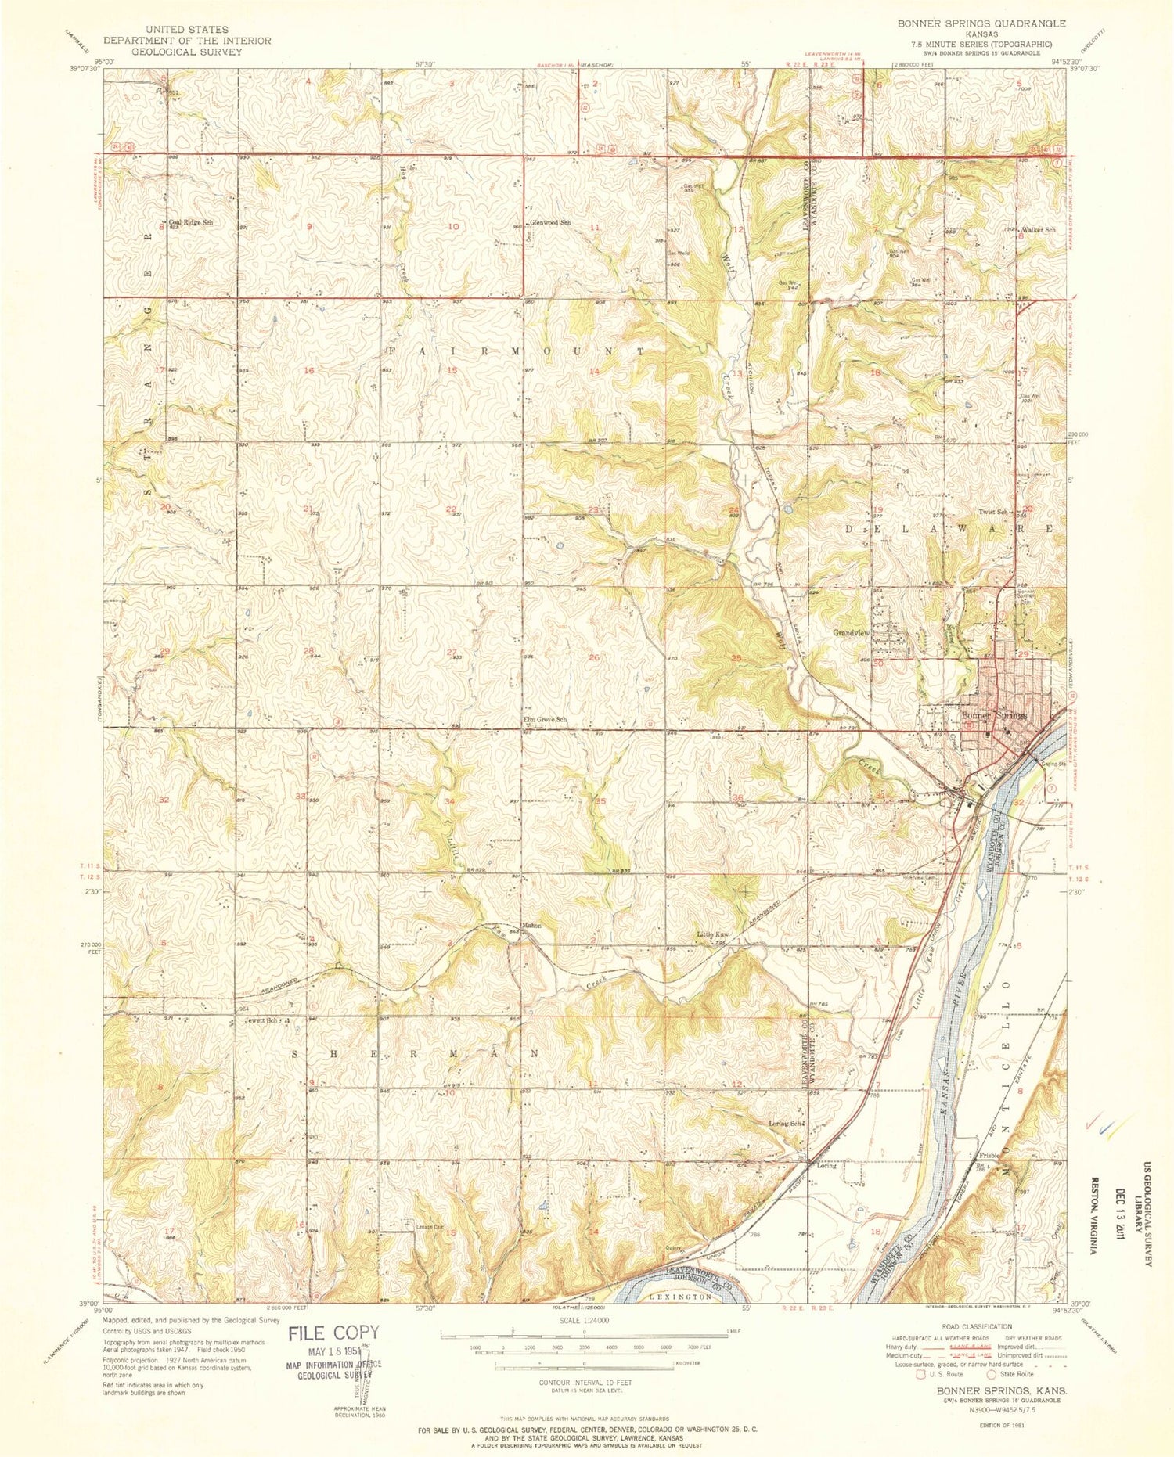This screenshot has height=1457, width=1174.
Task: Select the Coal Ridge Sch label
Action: [x=191, y=222]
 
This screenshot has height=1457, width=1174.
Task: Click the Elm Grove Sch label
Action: [x=545, y=719]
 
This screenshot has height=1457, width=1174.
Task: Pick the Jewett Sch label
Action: [x=261, y=1020]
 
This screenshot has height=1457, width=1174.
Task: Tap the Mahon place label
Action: [x=532, y=926]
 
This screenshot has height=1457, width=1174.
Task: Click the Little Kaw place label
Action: [x=713, y=935]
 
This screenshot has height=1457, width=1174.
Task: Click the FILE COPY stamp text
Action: [x=333, y=1333]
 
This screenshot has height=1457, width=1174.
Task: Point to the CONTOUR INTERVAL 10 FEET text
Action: [x=584, y=1382]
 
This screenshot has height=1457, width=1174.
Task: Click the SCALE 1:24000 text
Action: [x=584, y=1320]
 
